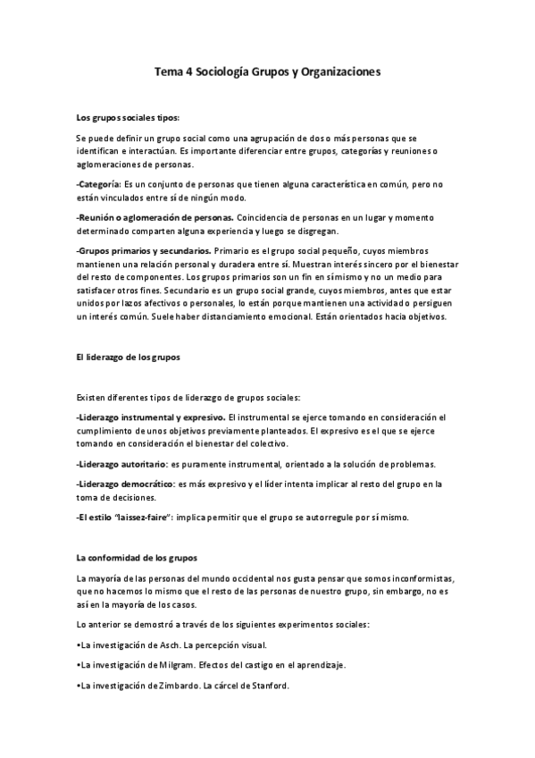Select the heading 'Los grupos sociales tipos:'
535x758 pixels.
(128, 117)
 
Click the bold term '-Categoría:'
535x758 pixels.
(98, 183)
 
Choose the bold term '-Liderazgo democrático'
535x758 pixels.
(125, 484)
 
